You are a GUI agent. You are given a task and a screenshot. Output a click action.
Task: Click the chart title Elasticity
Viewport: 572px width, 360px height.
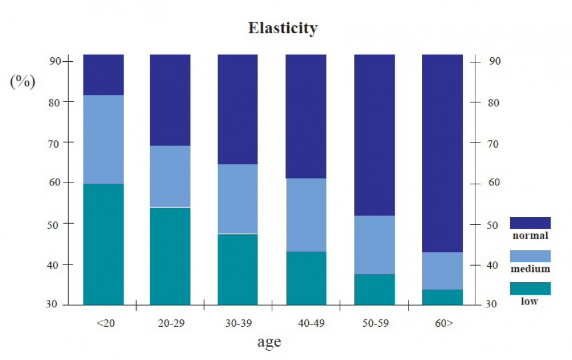point(283,28)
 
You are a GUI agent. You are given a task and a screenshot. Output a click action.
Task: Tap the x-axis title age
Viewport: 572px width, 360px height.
point(269,342)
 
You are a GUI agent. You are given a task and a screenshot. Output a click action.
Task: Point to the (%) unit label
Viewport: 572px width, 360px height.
point(22,81)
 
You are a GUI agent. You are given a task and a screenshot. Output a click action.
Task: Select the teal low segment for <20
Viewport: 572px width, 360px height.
point(104,244)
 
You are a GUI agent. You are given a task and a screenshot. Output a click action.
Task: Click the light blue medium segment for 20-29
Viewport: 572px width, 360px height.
point(170,176)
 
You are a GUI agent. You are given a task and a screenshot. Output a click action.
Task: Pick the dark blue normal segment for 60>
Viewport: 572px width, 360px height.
point(442,153)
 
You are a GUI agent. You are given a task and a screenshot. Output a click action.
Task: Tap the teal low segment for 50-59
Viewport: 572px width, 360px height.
point(375,289)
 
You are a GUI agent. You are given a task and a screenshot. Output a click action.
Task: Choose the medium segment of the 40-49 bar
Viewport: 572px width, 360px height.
point(306,215)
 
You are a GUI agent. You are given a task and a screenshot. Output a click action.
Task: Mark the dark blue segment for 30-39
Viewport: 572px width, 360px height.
point(238,109)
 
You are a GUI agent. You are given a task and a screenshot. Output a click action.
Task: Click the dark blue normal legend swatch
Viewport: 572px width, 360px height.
point(530,223)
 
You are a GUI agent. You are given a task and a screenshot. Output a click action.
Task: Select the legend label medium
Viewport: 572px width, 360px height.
point(531,268)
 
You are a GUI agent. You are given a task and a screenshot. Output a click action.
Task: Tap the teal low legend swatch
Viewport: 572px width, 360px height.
point(530,288)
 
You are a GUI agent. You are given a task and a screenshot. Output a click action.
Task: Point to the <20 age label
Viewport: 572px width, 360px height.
point(106,323)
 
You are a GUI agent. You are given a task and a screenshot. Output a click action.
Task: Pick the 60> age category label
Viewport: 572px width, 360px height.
point(444,323)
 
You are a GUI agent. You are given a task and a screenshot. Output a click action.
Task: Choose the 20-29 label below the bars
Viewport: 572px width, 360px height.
point(171,323)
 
